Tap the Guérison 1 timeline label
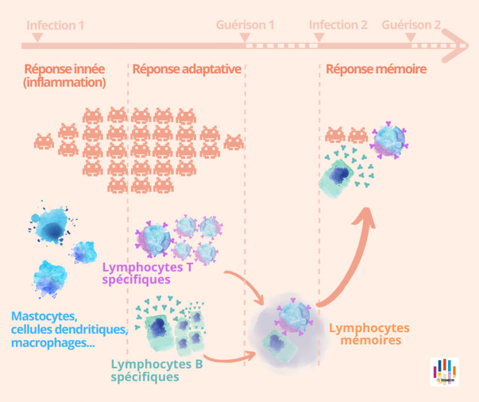pos(245,25)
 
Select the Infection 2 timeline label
pos(338,25)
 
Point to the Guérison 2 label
pos(411,25)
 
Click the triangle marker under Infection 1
pos(37,37)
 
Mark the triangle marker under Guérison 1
pos(245,38)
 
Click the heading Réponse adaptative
pos(187,69)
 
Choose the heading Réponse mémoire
pos(376,69)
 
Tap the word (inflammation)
pos(65,83)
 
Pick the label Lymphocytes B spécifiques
pos(157,370)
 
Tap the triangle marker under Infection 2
pos(319,38)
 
